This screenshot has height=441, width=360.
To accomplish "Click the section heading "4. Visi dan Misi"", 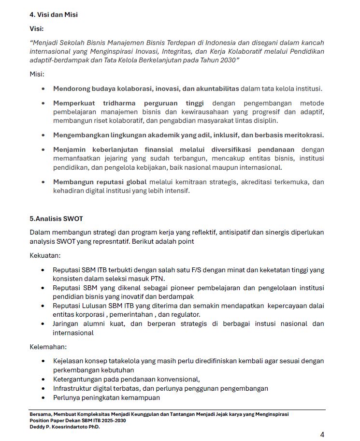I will [54, 15].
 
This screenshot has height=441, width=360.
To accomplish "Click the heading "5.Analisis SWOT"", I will [56, 219].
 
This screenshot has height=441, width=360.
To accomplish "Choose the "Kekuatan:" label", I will [45, 255].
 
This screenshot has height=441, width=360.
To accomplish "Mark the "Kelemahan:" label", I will [48, 347].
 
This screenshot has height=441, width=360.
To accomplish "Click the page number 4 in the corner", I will [322, 434].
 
